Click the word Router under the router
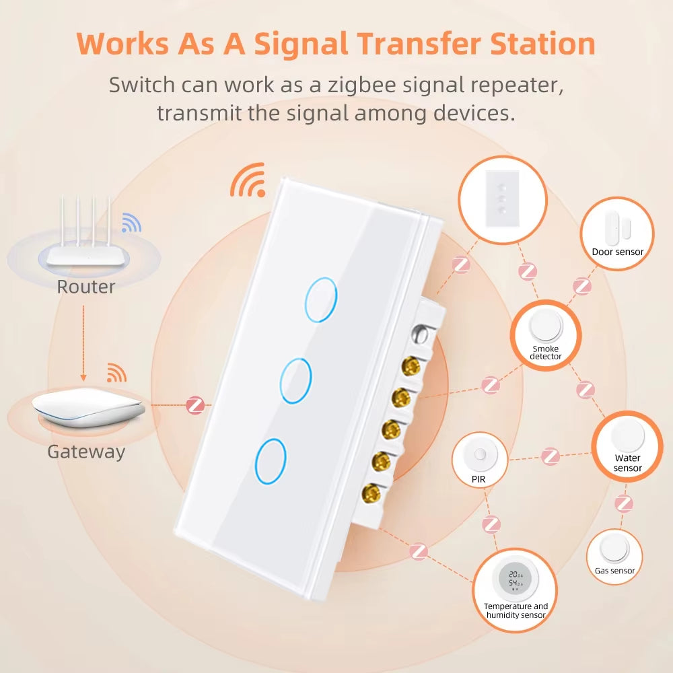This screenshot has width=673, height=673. (85, 287)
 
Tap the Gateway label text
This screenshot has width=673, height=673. (86, 452)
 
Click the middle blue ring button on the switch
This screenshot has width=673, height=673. (296, 381)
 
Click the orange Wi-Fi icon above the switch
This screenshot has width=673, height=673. (246, 180)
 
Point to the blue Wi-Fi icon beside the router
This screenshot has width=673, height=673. (131, 223)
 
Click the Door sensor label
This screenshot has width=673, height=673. (617, 252)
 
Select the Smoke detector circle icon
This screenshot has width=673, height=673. (545, 327)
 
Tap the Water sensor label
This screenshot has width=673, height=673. (627, 463)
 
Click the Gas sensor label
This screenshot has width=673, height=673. (614, 571)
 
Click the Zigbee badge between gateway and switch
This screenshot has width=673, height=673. (195, 406)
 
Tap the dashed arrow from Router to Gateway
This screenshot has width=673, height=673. (83, 341)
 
